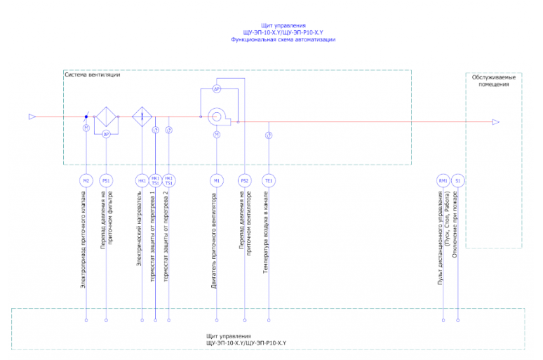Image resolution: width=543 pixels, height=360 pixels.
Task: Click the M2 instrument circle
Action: (x=86, y=180)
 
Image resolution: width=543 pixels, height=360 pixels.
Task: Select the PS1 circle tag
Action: (x=106, y=180)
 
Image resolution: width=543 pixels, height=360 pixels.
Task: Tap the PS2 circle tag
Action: (x=244, y=180)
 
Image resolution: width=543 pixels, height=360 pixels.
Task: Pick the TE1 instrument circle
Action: (x=269, y=180)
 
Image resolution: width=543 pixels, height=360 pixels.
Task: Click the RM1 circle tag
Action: (x=443, y=180)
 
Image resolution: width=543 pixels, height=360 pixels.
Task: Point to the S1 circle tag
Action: (x=458, y=180)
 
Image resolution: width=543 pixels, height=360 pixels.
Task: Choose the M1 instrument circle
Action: (x=217, y=180)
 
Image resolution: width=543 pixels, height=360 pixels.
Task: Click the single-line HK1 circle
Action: (x=142, y=180)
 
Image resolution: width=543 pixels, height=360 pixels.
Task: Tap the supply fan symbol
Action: (x=217, y=116)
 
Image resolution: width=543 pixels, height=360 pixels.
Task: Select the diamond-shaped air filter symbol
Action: (x=106, y=116)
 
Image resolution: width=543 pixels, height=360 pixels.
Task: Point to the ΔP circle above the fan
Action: (x=217, y=89)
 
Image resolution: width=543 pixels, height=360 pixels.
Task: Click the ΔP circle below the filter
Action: (x=106, y=134)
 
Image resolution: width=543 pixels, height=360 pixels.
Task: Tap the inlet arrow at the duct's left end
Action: (x=32, y=116)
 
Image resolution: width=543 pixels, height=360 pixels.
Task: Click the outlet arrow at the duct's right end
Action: (x=495, y=122)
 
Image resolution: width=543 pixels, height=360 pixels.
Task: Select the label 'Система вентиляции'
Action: (x=92, y=75)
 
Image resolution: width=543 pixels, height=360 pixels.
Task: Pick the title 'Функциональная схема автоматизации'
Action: (x=283, y=40)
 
